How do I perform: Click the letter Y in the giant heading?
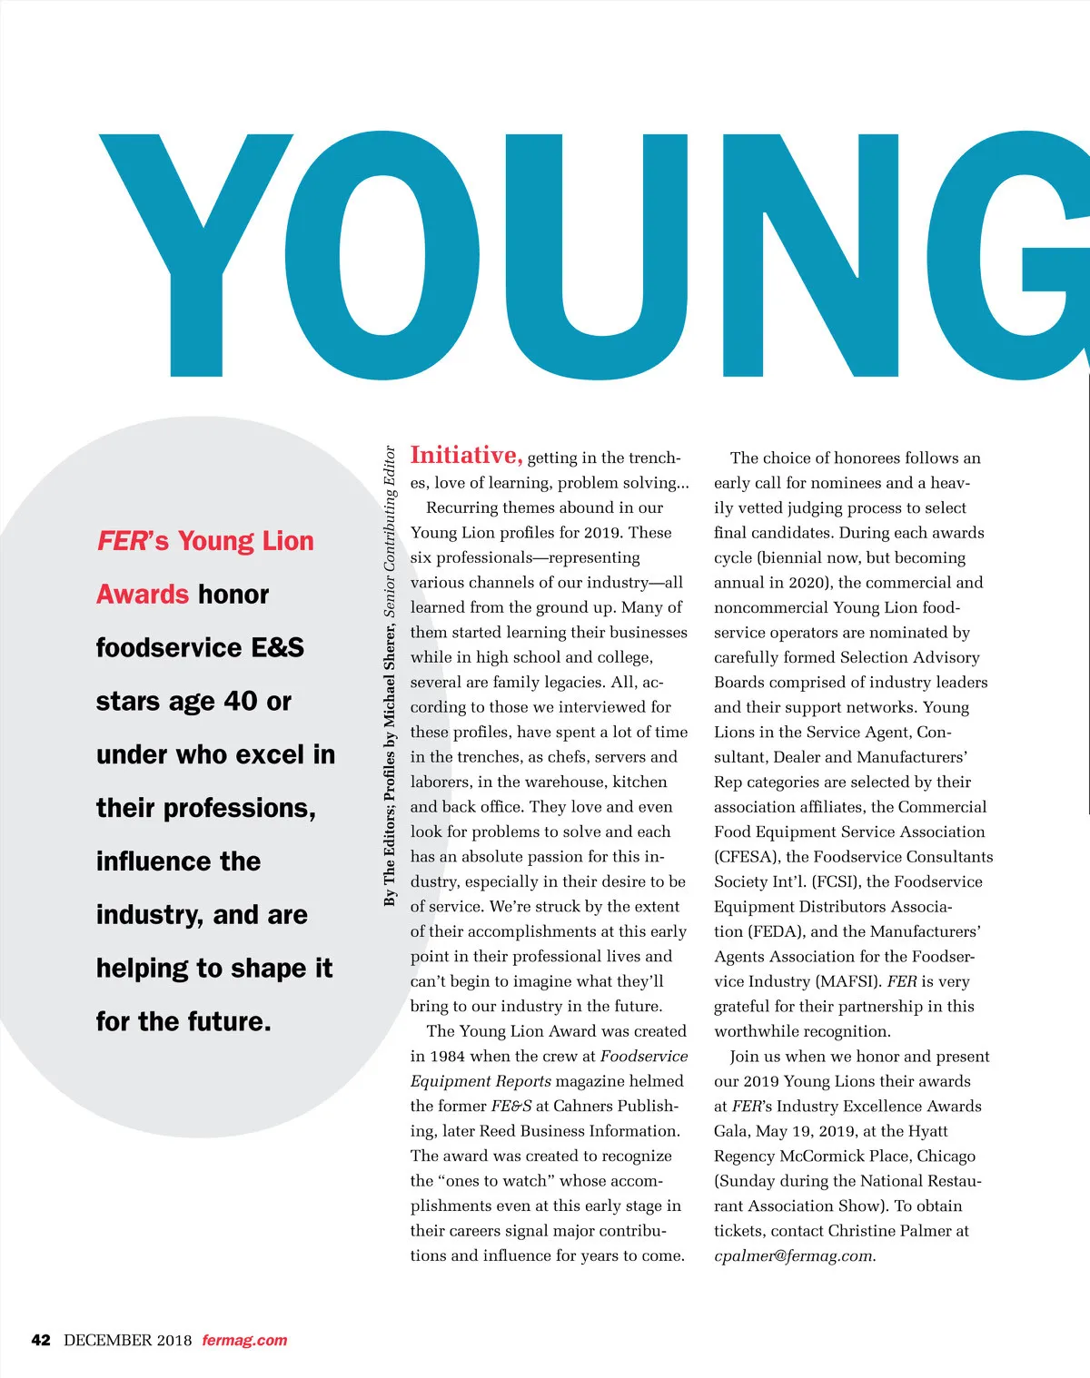tap(195, 254)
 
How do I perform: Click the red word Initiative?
tap(466, 455)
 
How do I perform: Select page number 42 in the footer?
tap(41, 1340)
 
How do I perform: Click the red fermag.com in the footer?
tap(244, 1340)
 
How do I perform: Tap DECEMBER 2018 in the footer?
tap(128, 1340)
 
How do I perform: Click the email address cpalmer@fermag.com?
tap(794, 1256)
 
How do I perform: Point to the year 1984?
tap(448, 1057)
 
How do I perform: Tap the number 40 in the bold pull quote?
tap(241, 701)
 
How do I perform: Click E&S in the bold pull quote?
tap(277, 648)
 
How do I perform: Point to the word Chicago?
tap(945, 1157)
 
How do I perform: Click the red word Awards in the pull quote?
tap(143, 595)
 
